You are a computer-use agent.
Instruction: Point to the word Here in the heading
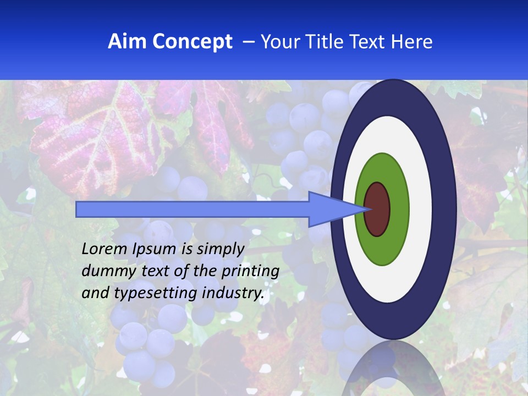coord(413,42)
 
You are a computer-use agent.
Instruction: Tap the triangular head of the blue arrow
coord(330,209)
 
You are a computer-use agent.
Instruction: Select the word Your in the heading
coord(278,42)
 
